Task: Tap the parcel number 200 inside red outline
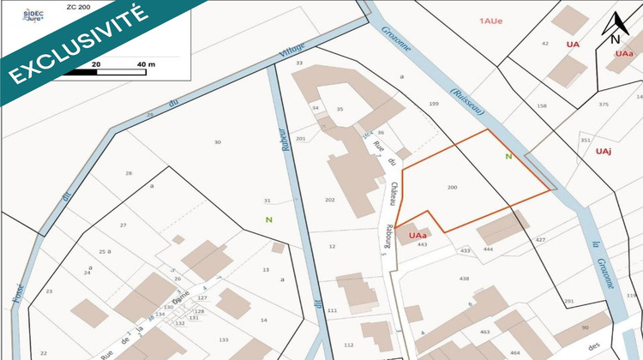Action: (453, 186)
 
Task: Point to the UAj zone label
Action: (603, 152)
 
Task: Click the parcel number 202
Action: (330, 200)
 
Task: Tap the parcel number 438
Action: (464, 279)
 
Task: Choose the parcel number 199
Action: (434, 104)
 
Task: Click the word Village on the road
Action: (292, 51)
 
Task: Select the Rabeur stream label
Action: (282, 137)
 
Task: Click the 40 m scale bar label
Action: (146, 64)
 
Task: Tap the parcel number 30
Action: (217, 142)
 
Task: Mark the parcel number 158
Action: (542, 105)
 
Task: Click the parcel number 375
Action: (604, 105)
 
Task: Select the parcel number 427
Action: (541, 240)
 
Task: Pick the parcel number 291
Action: (568, 301)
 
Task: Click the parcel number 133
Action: (223, 340)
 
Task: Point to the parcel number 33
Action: (299, 63)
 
